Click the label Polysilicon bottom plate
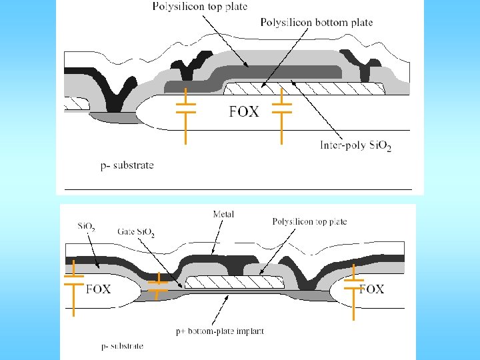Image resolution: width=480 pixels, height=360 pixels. click(316, 23)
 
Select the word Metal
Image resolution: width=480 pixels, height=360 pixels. click(223, 215)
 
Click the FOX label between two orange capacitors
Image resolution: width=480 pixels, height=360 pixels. click(243, 112)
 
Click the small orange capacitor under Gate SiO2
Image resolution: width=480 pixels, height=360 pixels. click(158, 287)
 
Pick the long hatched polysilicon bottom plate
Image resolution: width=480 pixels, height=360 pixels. click(303, 88)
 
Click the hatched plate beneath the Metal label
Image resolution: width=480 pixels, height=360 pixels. click(233, 283)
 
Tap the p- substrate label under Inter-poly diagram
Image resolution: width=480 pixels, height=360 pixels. click(127, 165)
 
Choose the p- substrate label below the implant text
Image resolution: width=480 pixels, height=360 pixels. click(122, 346)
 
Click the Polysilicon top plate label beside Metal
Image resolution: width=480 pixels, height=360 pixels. click(309, 221)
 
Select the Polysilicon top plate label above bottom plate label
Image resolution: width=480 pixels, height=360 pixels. click(199, 7)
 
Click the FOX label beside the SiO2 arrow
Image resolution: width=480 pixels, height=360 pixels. click(99, 289)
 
